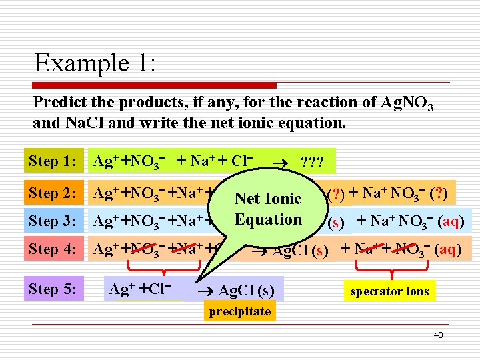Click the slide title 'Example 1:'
[95, 63]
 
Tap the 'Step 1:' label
[53, 161]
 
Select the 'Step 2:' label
[53, 193]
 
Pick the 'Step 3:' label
[53, 221]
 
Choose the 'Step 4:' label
[53, 249]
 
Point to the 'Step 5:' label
[53, 289]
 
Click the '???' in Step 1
[313, 162]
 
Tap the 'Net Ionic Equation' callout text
[269, 209]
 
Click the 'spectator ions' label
[390, 291]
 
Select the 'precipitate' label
[239, 311]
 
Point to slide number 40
[438, 335]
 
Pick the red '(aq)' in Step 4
[447, 250]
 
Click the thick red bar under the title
[155, 85]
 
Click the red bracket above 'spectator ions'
[390, 270]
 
